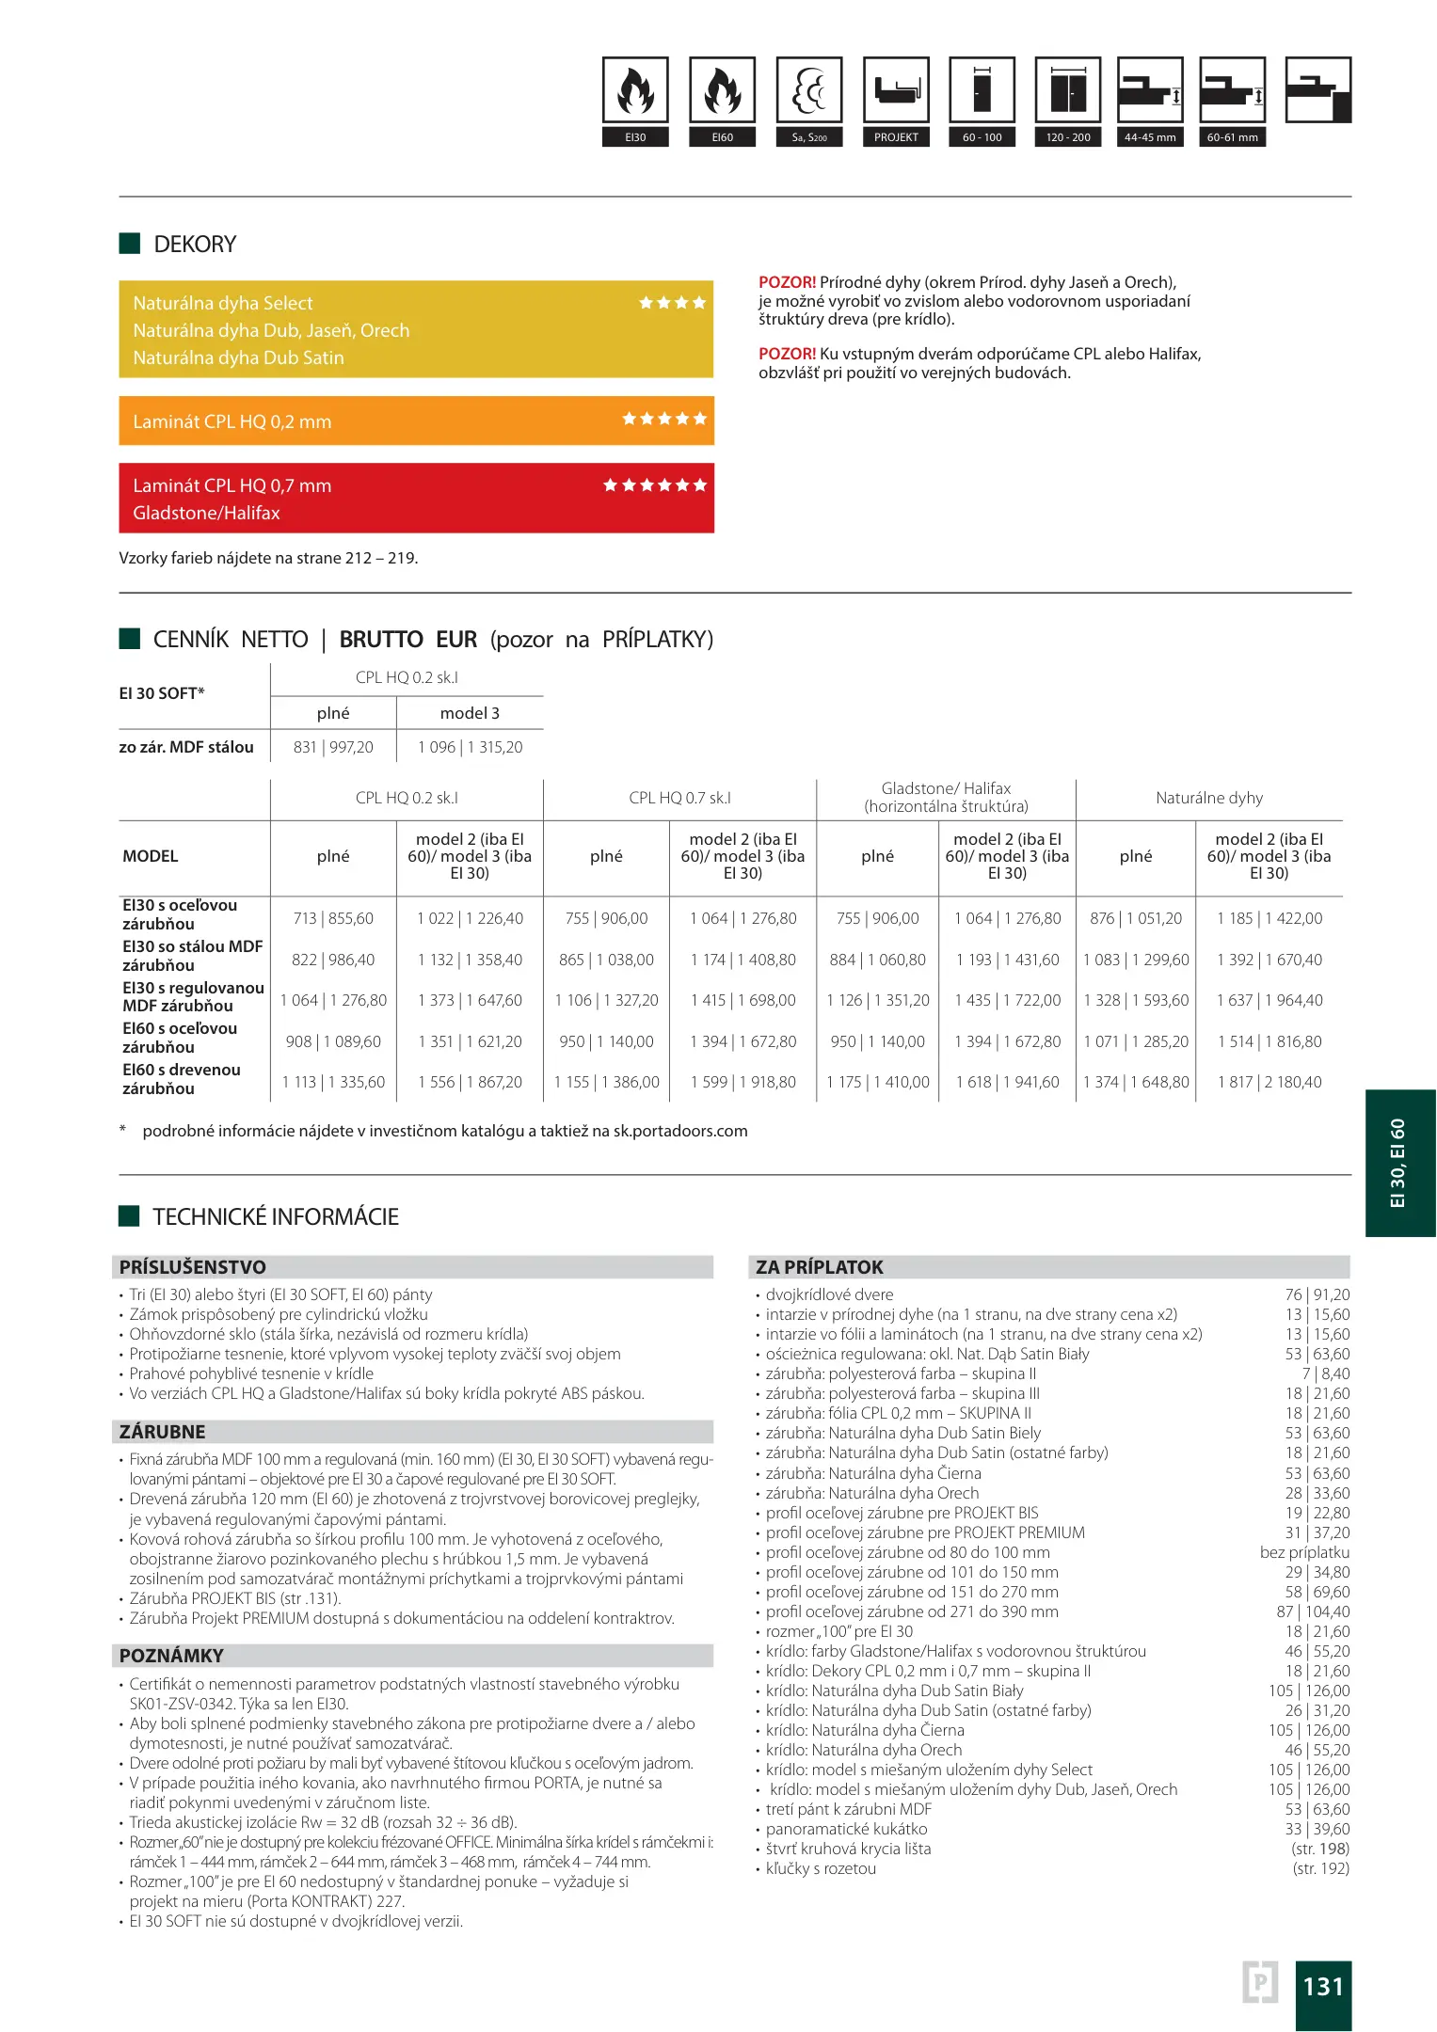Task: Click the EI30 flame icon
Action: point(635,90)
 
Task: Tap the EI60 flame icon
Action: point(722,90)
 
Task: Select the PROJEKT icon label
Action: point(896,137)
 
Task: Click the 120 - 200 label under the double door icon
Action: point(1068,137)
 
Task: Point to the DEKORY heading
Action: point(195,245)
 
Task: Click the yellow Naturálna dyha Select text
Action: point(223,303)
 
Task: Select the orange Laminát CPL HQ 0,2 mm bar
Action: point(416,421)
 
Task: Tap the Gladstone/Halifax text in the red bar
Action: point(207,513)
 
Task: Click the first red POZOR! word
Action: point(787,282)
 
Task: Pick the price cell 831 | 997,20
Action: point(333,747)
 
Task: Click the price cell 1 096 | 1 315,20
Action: point(470,747)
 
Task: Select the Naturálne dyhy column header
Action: point(1209,798)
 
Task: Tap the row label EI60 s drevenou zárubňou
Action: point(182,1079)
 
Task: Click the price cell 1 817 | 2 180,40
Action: point(1269,1082)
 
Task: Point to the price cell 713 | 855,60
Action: point(333,918)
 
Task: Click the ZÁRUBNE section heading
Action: point(163,1432)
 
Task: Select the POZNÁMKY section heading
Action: point(171,1656)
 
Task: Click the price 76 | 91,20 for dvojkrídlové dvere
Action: point(1317,1294)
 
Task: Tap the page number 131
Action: point(1322,1986)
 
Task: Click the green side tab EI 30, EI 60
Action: point(1399,1163)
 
